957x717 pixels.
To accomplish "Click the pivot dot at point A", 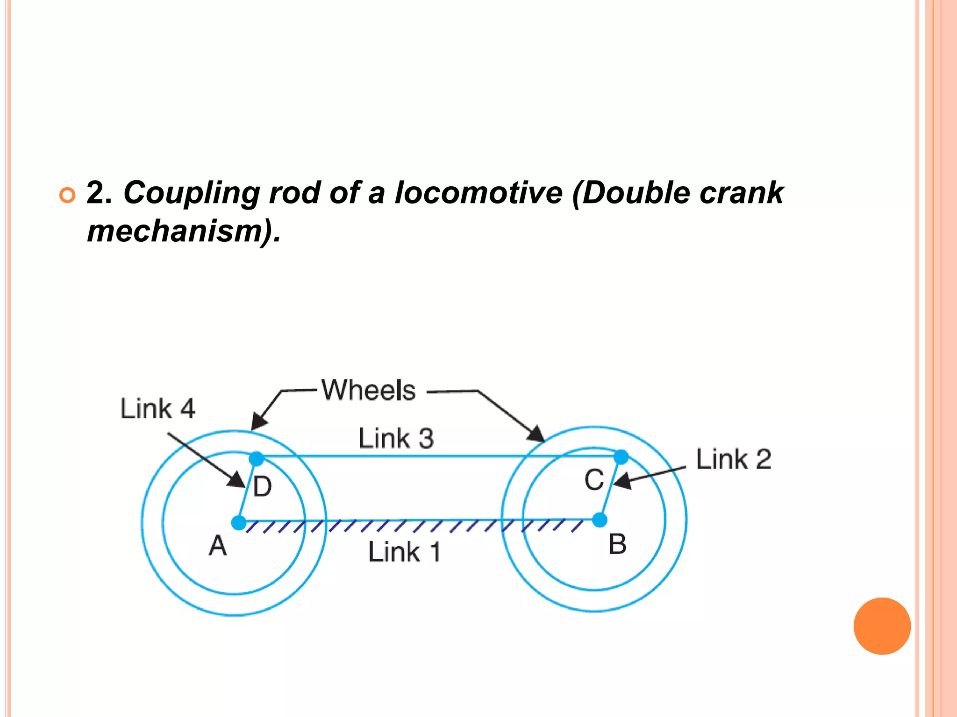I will tap(239, 522).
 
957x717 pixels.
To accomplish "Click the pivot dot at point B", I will tap(600, 520).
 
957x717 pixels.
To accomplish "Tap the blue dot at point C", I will tap(621, 457).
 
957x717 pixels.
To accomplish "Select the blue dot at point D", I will tap(257, 458).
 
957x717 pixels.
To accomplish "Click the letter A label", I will tap(218, 545).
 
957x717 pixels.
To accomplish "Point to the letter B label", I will tap(617, 544).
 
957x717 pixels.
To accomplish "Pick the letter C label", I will tap(594, 480).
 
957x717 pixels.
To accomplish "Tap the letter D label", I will tap(262, 487).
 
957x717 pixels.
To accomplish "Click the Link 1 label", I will tap(404, 552).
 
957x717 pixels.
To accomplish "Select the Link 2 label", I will tap(733, 459).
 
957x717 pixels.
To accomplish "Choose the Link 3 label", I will tap(396, 438).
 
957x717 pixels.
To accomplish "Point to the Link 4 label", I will tap(157, 409).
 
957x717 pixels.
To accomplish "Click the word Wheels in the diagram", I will tap(368, 390).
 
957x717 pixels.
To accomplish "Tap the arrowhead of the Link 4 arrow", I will tap(238, 481).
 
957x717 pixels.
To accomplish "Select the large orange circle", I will tap(882, 626).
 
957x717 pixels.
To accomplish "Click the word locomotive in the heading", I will tap(478, 192).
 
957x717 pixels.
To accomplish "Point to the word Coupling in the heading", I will tap(191, 193).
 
